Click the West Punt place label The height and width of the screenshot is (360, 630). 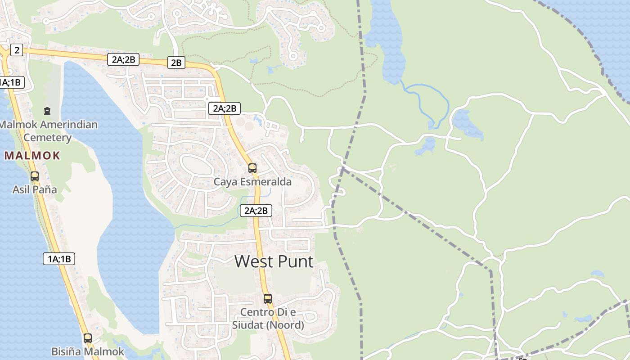click(274, 261)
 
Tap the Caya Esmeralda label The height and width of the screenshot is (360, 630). click(252, 182)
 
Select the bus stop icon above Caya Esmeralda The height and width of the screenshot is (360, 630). click(252, 168)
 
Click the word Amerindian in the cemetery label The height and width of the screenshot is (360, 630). click(68, 124)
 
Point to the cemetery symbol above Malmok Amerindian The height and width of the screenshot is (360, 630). click(47, 111)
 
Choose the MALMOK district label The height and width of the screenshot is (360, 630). click(32, 156)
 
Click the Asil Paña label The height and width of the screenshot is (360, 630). click(35, 189)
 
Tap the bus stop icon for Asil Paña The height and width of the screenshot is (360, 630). click(35, 176)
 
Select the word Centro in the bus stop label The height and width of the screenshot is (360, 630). click(257, 312)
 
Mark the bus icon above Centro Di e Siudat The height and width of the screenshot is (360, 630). click(268, 299)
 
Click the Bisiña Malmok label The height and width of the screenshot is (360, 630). click(87, 351)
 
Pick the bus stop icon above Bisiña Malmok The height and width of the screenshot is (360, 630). click(88, 338)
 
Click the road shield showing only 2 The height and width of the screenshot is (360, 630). click(17, 50)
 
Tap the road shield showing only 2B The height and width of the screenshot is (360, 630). click(176, 63)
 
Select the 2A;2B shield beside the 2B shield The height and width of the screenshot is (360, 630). click(123, 59)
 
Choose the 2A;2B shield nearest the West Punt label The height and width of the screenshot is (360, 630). click(256, 210)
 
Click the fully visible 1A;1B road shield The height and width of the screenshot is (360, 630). click(59, 259)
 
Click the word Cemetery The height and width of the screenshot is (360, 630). click(47, 137)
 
